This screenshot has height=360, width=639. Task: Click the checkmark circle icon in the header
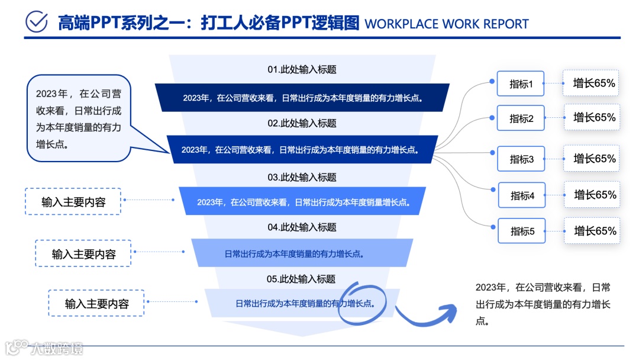coord(37,22)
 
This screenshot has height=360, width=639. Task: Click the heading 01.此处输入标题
coord(302,69)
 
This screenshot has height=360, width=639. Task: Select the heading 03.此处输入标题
coord(302,177)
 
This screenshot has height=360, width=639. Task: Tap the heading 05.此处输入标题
coord(302,279)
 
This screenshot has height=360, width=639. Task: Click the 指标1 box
coord(521,84)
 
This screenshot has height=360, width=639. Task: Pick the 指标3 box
coord(521,159)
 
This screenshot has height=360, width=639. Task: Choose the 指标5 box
coord(522,231)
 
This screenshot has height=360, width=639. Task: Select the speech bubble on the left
coord(79,118)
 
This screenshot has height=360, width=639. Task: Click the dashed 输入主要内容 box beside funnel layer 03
coord(73,201)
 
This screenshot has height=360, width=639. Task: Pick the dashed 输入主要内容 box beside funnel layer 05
coord(96,304)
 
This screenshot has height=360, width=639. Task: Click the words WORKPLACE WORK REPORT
coord(447,24)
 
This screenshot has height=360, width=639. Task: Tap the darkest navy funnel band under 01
coord(302,98)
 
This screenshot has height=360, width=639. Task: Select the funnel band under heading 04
coord(302,253)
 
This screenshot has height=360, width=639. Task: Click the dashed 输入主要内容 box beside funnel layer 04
coord(83,253)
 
